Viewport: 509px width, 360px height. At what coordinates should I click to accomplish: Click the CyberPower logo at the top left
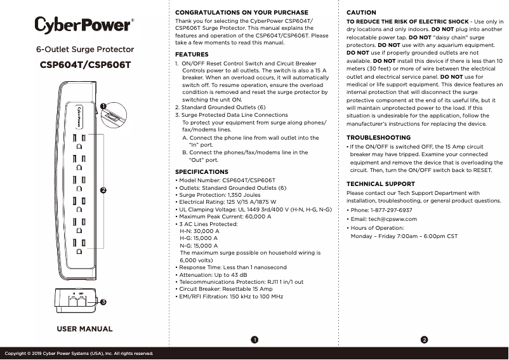click(84, 25)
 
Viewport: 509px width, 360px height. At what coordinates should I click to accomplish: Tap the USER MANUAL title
click(85, 329)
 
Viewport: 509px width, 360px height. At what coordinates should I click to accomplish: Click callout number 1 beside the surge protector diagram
click(103, 105)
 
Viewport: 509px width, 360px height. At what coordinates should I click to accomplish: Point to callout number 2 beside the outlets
click(103, 190)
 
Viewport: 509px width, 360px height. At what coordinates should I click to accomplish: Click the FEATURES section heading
click(192, 55)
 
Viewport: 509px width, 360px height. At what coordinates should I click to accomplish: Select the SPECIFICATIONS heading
click(202, 172)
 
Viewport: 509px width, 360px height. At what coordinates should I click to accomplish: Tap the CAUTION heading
click(361, 13)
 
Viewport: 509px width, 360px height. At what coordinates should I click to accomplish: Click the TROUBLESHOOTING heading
click(378, 137)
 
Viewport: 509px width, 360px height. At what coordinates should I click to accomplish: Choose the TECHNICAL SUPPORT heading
click(381, 183)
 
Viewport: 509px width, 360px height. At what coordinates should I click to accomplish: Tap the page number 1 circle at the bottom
click(254, 340)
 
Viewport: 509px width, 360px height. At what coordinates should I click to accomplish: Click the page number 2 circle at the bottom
click(424, 340)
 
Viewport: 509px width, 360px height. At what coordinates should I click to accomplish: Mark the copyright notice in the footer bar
click(79, 353)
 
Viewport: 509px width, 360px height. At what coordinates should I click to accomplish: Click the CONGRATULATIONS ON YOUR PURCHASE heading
click(241, 13)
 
